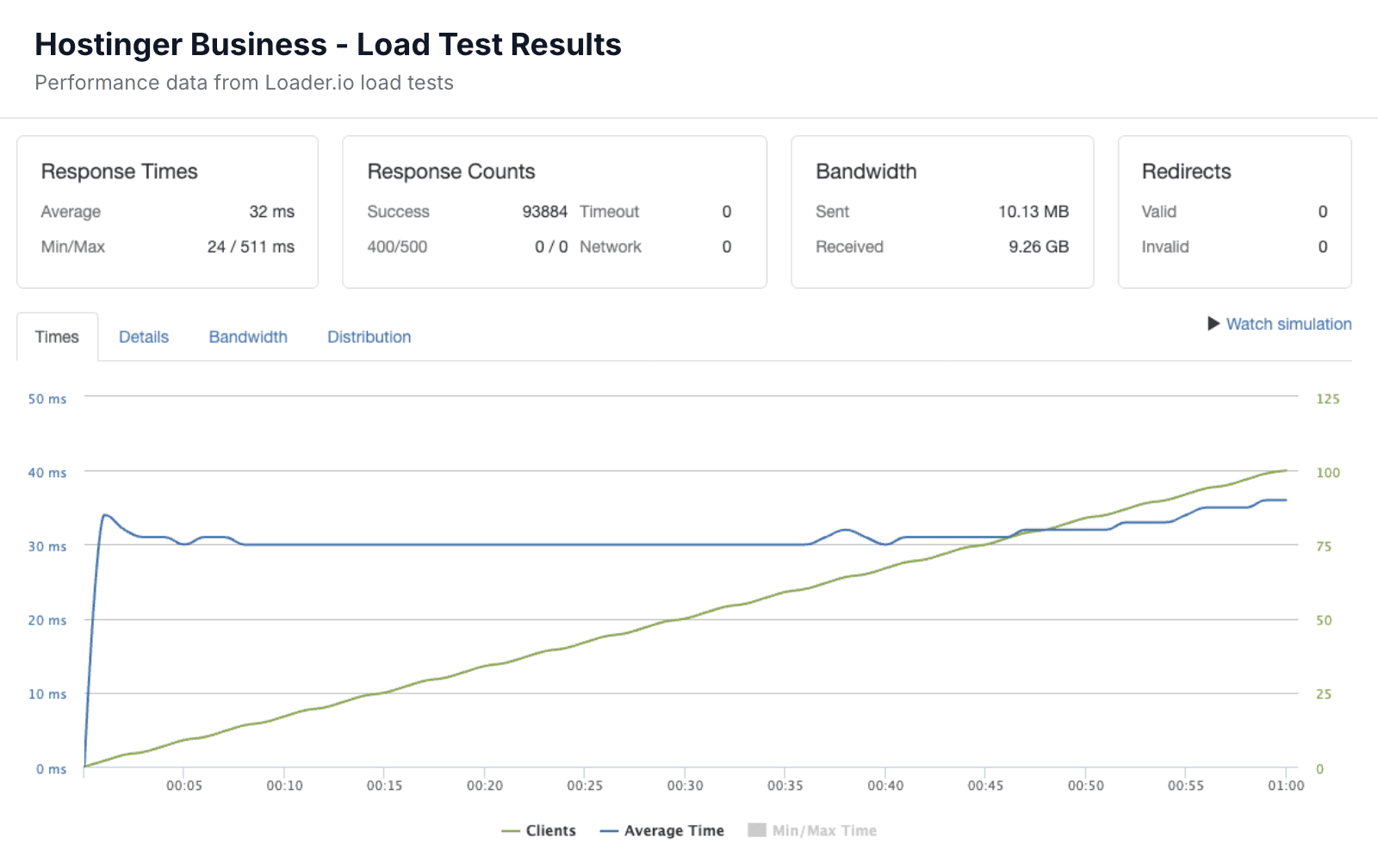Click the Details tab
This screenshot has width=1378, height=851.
tap(144, 337)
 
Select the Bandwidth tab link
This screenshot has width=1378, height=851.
tap(248, 337)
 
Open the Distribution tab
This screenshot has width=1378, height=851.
tap(369, 337)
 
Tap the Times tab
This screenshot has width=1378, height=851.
tap(57, 337)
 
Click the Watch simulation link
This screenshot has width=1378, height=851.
tap(1288, 324)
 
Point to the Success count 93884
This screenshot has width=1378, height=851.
tap(544, 212)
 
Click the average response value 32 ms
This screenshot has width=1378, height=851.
tap(271, 212)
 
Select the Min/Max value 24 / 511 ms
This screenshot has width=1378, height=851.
tap(251, 247)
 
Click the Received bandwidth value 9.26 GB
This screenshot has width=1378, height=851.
tap(1038, 247)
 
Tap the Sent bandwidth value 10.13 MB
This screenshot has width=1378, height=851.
tap(1033, 212)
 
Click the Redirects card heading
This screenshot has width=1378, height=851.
tap(1186, 171)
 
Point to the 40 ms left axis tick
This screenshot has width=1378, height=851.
tap(47, 473)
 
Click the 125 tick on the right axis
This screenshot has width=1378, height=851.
tap(1327, 399)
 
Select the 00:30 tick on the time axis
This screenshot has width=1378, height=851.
tap(685, 786)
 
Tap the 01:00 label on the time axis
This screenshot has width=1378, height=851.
tap(1285, 786)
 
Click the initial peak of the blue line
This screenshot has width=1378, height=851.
tap(104, 515)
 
